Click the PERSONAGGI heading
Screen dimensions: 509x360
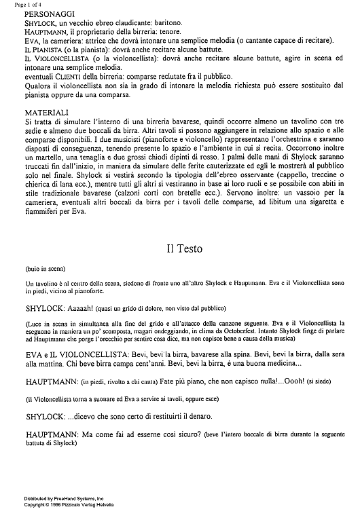(x=48, y=14)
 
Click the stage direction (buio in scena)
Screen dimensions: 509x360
(x=42, y=268)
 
